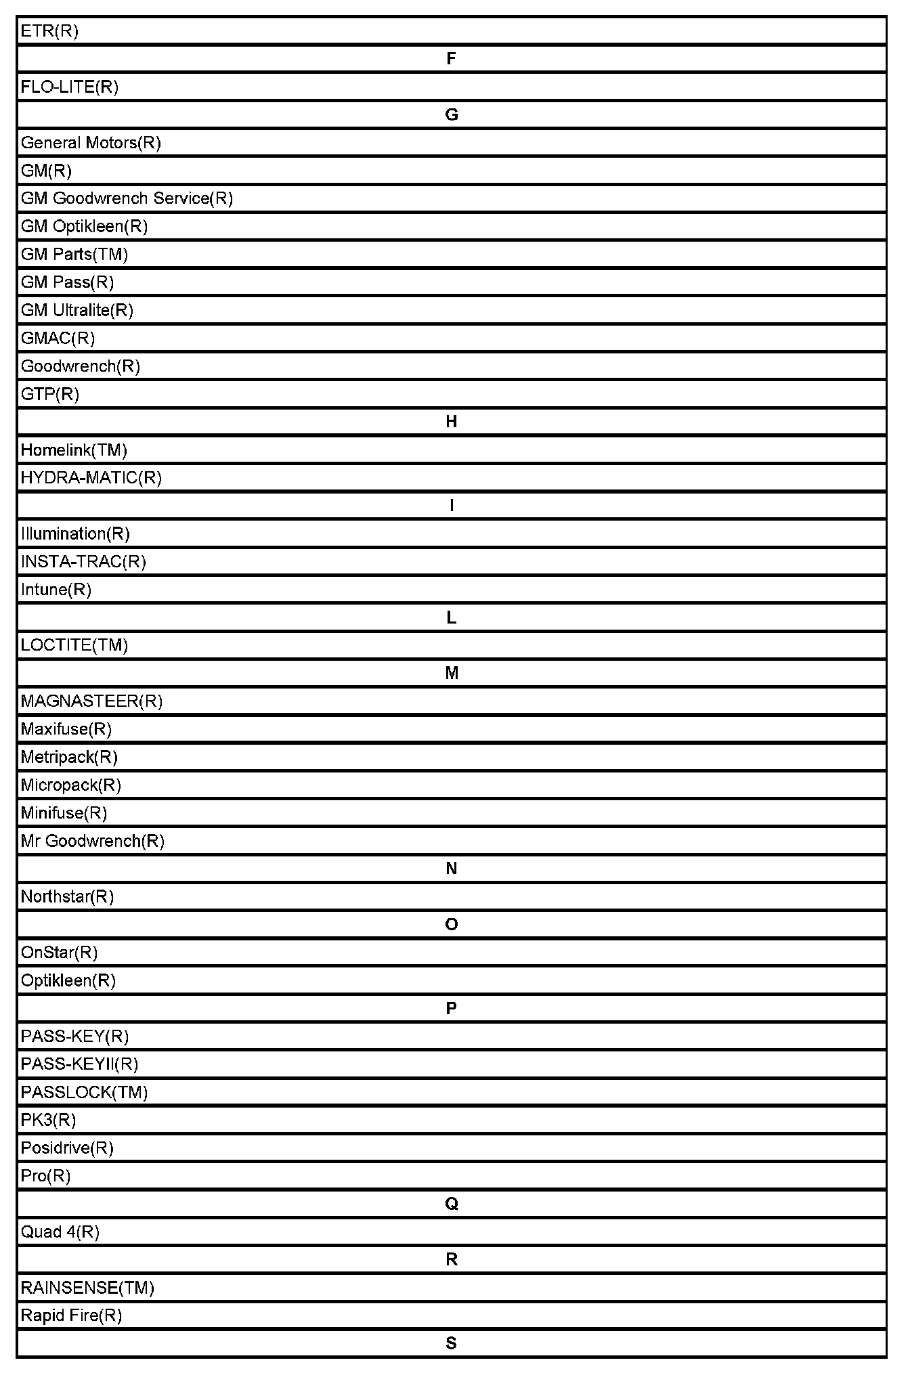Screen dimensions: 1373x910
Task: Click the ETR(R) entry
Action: (49, 31)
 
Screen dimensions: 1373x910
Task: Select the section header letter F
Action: (452, 59)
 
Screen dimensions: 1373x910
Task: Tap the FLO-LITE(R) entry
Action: (70, 87)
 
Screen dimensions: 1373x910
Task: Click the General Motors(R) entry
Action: (91, 143)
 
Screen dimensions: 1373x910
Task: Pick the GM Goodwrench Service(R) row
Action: (127, 198)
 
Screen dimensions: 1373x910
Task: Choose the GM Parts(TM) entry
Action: (74, 255)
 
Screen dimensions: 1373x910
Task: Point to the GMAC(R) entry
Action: (58, 338)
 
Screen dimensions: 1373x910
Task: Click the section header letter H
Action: (452, 422)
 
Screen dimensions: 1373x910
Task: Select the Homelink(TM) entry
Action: (74, 450)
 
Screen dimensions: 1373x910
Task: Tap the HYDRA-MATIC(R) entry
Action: (91, 478)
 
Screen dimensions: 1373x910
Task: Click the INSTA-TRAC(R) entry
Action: (83, 562)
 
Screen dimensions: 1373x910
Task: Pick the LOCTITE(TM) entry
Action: (74, 645)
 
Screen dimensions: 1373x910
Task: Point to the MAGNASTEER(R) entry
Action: (91, 701)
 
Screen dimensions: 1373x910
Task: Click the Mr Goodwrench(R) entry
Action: (93, 841)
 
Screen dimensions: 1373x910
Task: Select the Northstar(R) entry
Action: (67, 897)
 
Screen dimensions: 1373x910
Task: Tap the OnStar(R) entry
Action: (59, 953)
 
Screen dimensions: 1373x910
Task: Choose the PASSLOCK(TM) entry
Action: (84, 1092)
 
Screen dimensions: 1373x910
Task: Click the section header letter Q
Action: (452, 1204)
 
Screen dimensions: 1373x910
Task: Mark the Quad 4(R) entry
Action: (60, 1232)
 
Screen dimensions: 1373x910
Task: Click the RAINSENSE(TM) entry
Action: (87, 1288)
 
